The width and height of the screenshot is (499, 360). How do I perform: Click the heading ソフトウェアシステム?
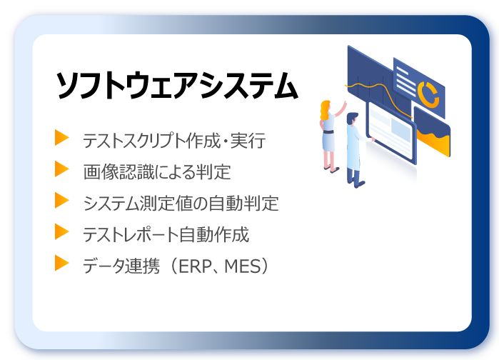177,86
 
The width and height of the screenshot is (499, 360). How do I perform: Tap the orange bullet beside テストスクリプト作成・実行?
61,138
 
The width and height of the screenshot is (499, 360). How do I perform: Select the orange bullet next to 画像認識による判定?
61,169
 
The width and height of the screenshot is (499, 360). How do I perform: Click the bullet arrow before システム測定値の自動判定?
61,200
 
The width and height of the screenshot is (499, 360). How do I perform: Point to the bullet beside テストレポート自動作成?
61,231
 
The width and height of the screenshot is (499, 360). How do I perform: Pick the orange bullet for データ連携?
61,263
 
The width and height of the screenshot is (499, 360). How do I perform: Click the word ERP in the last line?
196,266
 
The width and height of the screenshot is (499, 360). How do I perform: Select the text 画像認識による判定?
157,172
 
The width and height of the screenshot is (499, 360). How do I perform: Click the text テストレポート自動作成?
166,234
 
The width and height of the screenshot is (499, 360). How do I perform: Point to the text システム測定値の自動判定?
181,204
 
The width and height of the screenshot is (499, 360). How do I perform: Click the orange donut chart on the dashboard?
428,94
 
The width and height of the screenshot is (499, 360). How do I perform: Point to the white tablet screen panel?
391,132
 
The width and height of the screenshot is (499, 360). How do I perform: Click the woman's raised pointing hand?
344,103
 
